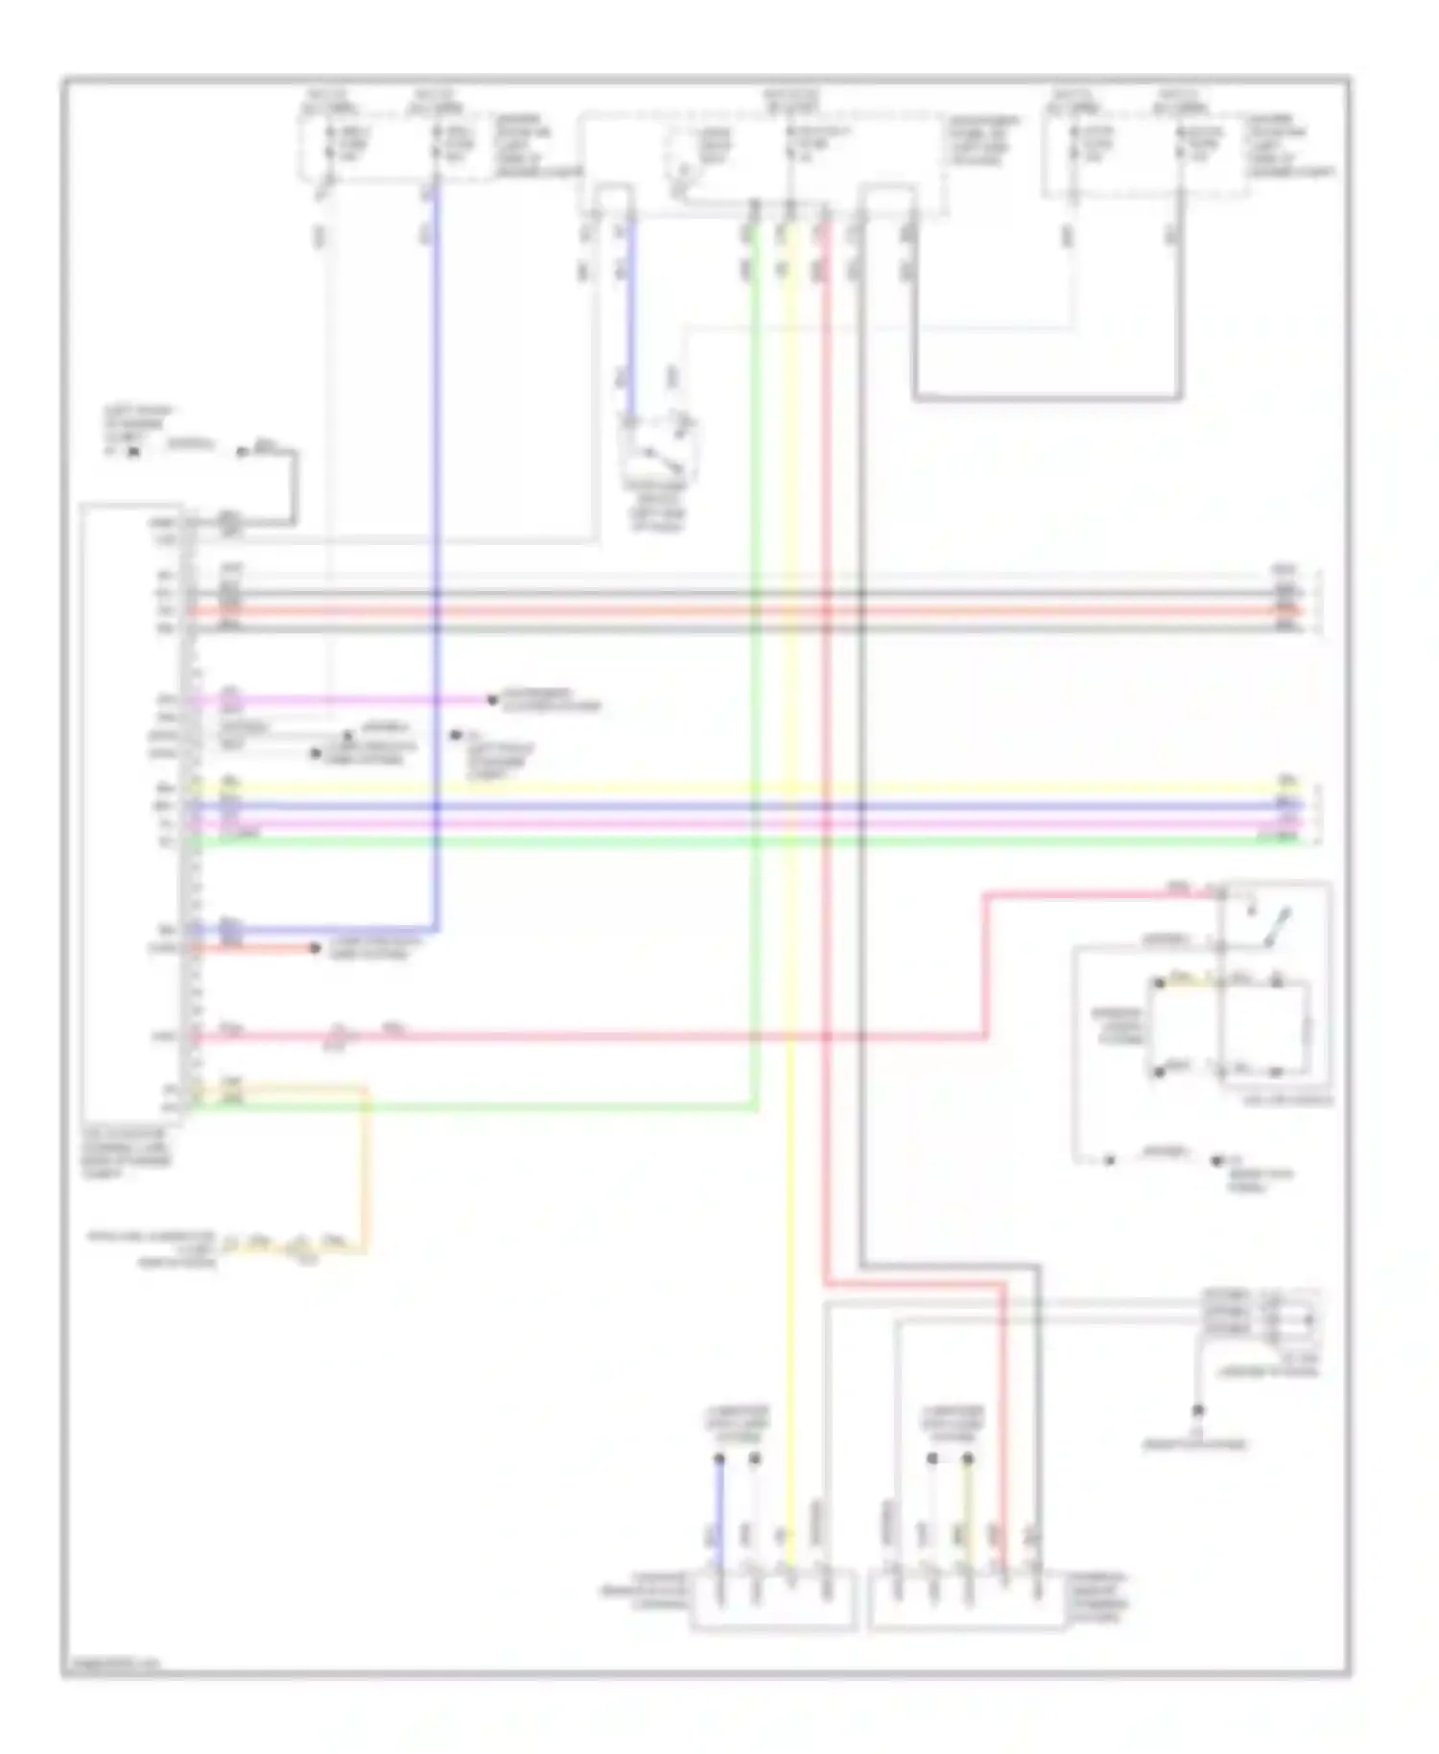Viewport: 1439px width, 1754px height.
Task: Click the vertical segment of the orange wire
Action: (366, 1171)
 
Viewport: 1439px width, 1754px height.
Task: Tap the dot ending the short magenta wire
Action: (491, 700)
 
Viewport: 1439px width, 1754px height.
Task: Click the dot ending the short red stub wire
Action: (315, 949)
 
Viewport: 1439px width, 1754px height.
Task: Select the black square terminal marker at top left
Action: (133, 451)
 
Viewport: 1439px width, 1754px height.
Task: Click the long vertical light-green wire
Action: (756, 672)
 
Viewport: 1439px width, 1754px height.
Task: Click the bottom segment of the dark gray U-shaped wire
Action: (1046, 396)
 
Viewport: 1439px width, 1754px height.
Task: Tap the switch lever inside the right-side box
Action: (1276, 927)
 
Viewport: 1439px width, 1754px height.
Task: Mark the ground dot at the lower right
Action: (1198, 1410)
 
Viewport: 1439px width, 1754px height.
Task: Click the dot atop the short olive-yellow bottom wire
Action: (968, 1459)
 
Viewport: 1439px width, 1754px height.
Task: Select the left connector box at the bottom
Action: (773, 1602)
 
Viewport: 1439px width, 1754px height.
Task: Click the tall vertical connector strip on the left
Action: (185, 816)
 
